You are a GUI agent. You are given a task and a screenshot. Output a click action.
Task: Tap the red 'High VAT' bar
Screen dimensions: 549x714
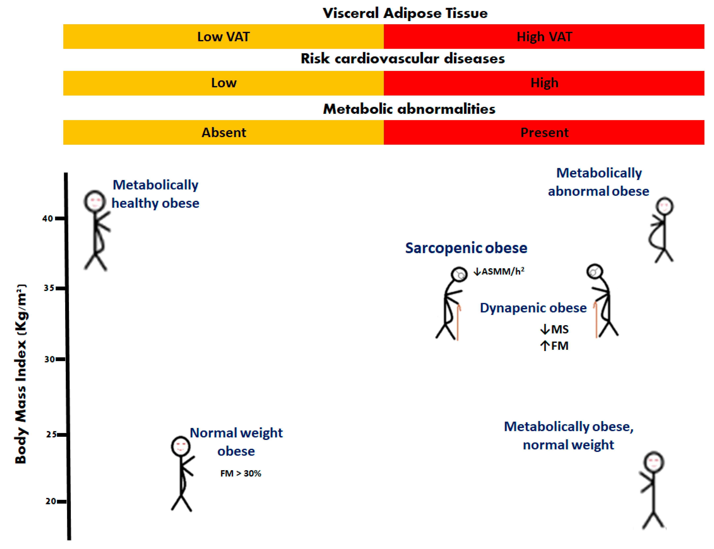coord(544,37)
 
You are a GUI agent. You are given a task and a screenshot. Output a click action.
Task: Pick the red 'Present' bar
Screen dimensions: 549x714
coord(544,132)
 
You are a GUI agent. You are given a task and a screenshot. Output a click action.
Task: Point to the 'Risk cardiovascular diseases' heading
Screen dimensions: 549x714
coord(403,59)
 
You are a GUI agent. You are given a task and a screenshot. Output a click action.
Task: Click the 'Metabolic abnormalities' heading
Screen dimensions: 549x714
coord(409,109)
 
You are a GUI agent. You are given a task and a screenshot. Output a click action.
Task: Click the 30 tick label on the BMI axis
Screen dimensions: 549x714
coord(49,359)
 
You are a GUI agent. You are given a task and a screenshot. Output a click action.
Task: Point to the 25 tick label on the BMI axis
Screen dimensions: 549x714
coord(51,434)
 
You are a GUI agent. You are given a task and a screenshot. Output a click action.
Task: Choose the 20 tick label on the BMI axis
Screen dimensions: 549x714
coord(51,501)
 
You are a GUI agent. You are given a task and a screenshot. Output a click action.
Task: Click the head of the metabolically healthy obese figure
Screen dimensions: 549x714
coord(95,201)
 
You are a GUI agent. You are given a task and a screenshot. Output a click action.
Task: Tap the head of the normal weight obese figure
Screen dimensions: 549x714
coord(180,446)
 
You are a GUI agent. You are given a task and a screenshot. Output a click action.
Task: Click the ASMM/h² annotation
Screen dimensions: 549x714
coord(499,271)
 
